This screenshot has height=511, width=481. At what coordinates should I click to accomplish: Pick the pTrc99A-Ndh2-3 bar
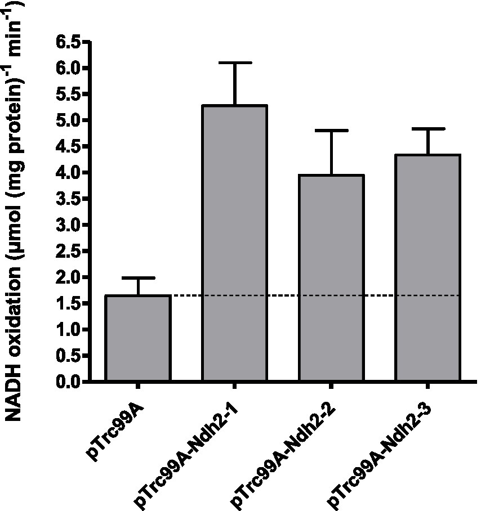coord(427,268)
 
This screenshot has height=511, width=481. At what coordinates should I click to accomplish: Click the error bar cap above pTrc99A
coord(138,278)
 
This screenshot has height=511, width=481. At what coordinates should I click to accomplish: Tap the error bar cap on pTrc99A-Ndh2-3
coord(427,129)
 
